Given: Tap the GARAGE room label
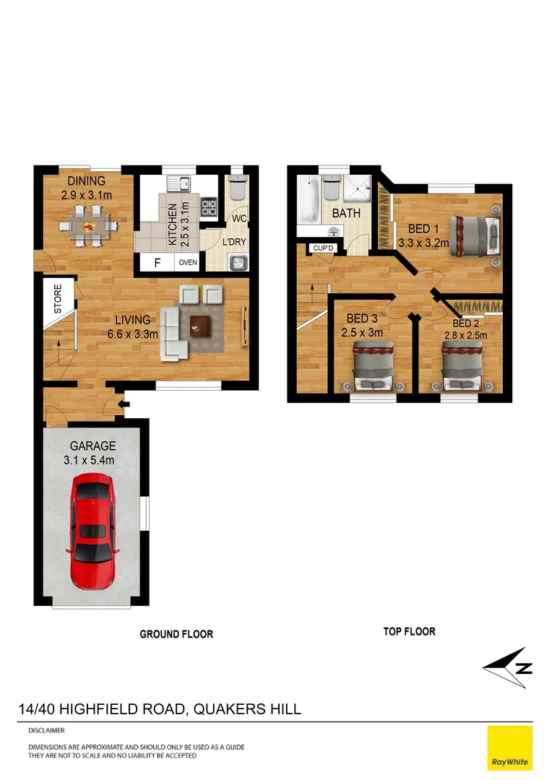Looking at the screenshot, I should coord(92,446).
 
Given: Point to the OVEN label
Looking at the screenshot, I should coord(188,263).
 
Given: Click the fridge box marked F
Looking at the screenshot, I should coord(157,263).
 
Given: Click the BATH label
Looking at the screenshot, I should coord(346,214).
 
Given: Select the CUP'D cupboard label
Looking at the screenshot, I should coord(322,249).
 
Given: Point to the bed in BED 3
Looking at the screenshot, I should coord(373,365).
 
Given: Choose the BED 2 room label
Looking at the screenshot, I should coord(465,324).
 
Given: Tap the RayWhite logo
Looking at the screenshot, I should coord(510,748).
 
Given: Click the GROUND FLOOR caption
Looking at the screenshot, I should coord(176,634).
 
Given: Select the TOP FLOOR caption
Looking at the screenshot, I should coord(409,631).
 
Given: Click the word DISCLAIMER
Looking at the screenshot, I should coord(46,730).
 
